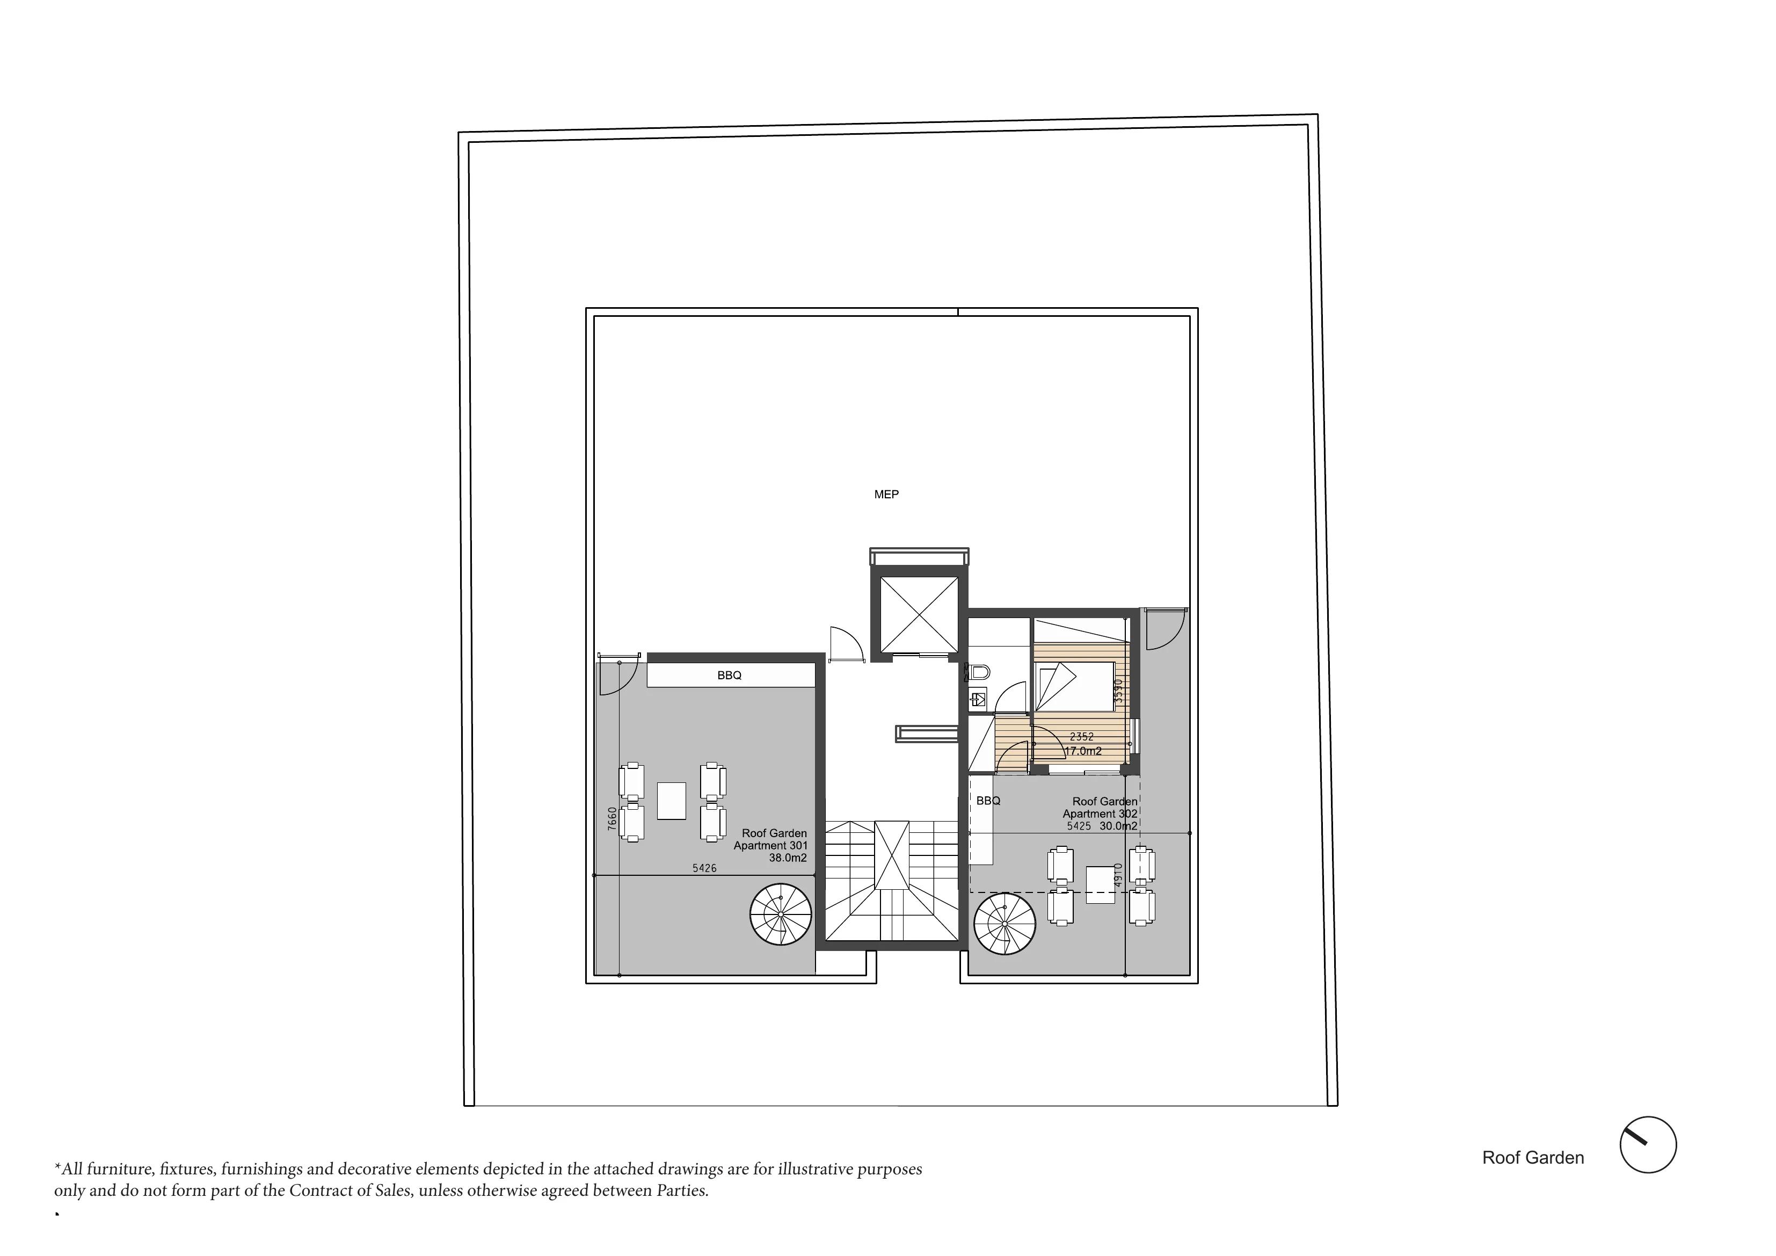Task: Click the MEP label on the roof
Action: click(x=886, y=495)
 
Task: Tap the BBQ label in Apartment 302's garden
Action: click(x=988, y=801)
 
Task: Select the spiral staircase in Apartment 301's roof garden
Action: click(x=781, y=914)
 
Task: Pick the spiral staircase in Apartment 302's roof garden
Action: click(x=1005, y=924)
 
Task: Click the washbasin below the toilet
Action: click(x=978, y=699)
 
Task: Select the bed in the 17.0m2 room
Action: click(x=1074, y=686)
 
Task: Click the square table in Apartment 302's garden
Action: click(x=1100, y=884)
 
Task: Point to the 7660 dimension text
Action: click(x=613, y=819)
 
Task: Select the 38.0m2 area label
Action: click(x=788, y=858)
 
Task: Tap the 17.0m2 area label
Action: click(x=1083, y=751)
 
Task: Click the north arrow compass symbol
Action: click(x=1648, y=1144)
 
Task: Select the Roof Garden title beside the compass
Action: click(x=1533, y=1158)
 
